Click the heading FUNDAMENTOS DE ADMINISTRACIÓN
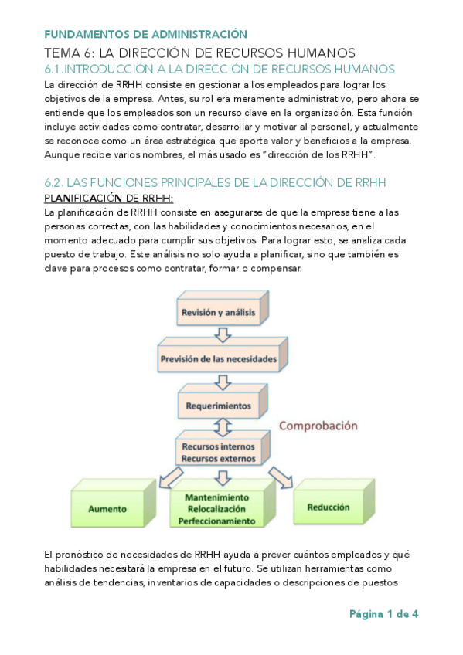pyautogui.click(x=145, y=34)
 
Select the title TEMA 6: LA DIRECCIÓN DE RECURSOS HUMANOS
pyautogui.click(x=199, y=53)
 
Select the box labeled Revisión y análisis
pyautogui.click(x=220, y=312)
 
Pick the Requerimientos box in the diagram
pyautogui.click(x=219, y=405)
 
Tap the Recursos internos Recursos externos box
pyautogui.click(x=219, y=453)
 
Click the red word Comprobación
pyautogui.click(x=318, y=425)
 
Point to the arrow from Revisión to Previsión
pyautogui.click(x=222, y=334)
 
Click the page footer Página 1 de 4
pyautogui.click(x=383, y=615)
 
